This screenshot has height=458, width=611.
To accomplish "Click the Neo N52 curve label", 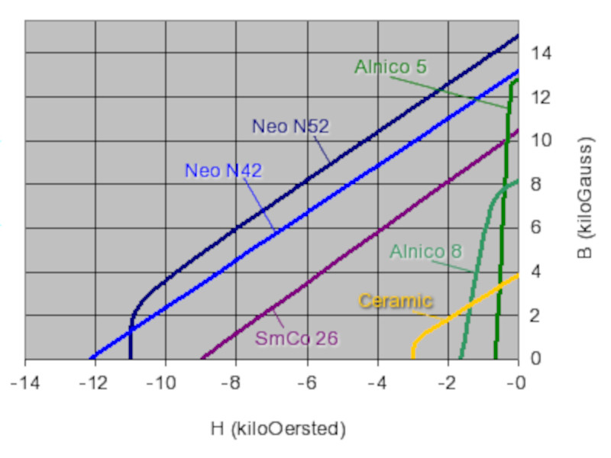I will (290, 127).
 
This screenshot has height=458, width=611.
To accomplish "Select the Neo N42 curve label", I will (223, 170).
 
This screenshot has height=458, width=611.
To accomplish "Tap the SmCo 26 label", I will (296, 337).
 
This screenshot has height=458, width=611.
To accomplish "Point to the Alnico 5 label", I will (390, 67).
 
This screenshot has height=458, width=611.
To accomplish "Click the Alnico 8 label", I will (425, 250).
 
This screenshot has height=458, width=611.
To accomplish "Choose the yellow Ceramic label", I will (396, 301).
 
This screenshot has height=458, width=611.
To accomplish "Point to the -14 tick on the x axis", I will (24, 381).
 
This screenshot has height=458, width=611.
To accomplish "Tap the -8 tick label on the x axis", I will (235, 381).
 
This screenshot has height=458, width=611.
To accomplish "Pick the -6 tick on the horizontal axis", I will (306, 381).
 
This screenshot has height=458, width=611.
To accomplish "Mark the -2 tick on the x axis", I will (448, 381).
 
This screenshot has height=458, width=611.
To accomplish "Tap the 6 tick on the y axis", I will (536, 228).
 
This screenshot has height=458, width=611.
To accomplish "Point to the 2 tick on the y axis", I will (536, 315).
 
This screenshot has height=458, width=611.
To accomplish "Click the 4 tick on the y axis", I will (536, 272).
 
